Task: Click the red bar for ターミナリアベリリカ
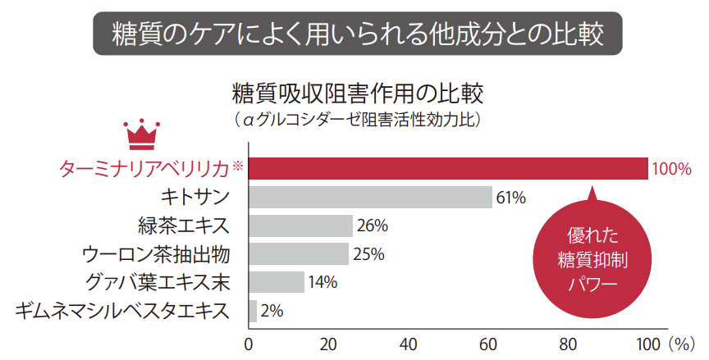[x=447, y=168]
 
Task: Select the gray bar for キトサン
[x=370, y=197]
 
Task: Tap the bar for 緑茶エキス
[x=300, y=226]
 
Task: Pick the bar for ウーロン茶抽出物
[x=298, y=253]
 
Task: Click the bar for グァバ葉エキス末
[x=276, y=282]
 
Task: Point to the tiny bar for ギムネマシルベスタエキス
[x=253, y=311]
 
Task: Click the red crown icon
[x=140, y=134]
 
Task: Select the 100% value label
[x=670, y=170]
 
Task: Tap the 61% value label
[x=510, y=198]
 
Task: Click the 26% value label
[x=370, y=226]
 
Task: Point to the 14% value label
[x=322, y=283]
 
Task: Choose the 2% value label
[x=272, y=312]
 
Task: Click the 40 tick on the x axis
[x=409, y=343]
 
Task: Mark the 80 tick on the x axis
[x=568, y=343]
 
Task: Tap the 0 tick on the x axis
[x=249, y=343]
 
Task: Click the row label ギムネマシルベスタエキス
[x=121, y=311]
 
